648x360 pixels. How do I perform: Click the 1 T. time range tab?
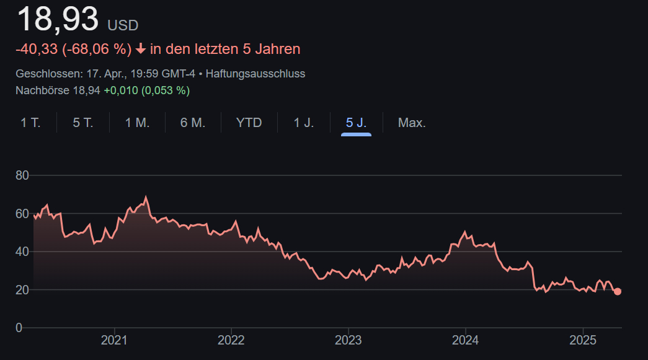(30, 123)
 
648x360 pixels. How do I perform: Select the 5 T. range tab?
(82, 123)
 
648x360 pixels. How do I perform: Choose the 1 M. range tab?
(137, 123)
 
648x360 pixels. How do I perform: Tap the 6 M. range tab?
(192, 123)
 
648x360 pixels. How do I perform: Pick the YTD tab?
(249, 123)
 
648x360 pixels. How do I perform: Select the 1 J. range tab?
(304, 123)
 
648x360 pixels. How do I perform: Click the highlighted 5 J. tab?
(356, 123)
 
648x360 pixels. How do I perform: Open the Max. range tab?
(412, 123)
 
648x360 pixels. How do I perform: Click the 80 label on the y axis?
(22, 175)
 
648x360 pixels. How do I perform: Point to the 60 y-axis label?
(22, 214)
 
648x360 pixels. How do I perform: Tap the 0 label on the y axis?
(19, 328)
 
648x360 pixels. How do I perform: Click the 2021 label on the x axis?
(114, 340)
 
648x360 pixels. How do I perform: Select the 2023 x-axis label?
(348, 340)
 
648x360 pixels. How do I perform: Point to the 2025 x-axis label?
(582, 340)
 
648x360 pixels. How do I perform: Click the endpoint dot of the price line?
(617, 291)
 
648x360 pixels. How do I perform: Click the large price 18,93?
(57, 20)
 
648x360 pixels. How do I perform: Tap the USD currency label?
(123, 25)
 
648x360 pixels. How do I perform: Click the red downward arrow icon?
(141, 49)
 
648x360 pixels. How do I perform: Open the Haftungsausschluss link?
(255, 74)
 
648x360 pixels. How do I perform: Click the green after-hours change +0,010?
(120, 90)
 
